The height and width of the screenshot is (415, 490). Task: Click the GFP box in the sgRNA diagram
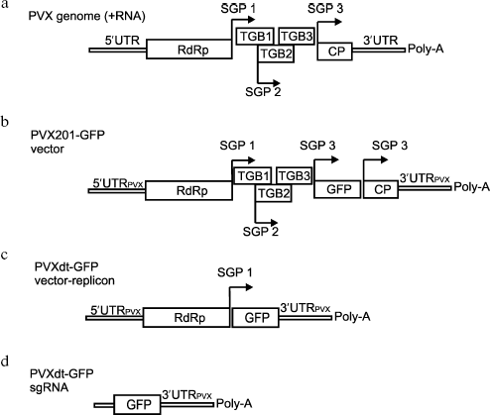pos(133,404)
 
